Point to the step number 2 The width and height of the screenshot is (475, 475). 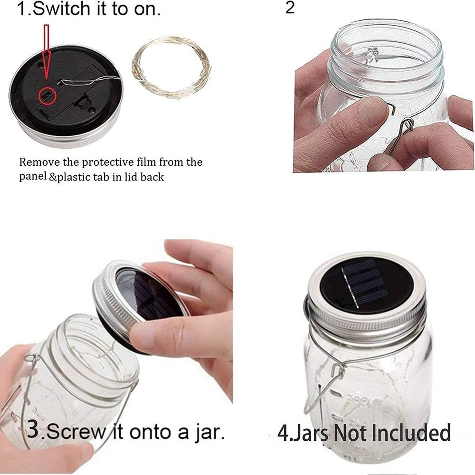coord(290,8)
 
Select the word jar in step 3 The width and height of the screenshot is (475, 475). coord(206,433)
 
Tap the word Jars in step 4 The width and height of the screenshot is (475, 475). coord(309,433)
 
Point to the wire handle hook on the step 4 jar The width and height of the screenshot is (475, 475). coord(337,371)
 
